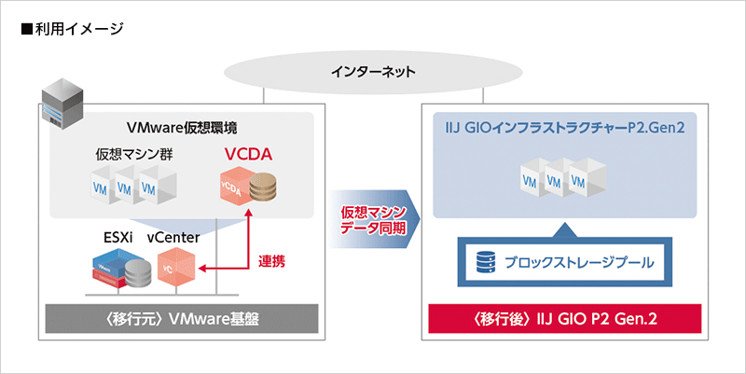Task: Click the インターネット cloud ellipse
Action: pyautogui.click(x=373, y=71)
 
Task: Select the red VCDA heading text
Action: pyautogui.click(x=246, y=153)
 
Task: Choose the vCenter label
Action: pyautogui.click(x=173, y=238)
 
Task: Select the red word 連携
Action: pyautogui.click(x=271, y=262)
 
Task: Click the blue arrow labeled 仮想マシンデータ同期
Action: pyautogui.click(x=373, y=221)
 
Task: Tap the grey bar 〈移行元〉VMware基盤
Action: pyautogui.click(x=181, y=319)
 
